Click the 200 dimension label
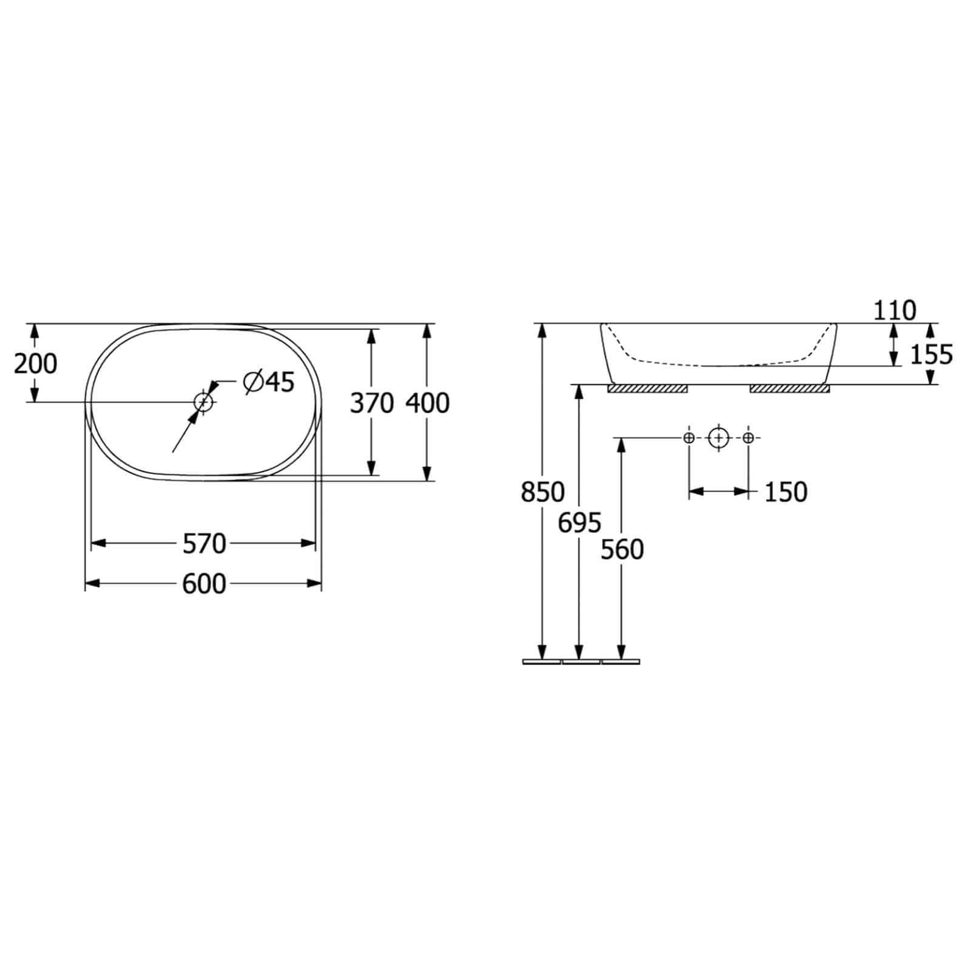(36, 364)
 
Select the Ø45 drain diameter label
(268, 382)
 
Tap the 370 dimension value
(372, 403)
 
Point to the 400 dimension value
(428, 403)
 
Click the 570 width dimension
(205, 544)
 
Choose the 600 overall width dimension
(205, 584)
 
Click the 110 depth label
(895, 311)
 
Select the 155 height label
(932, 354)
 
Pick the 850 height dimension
(543, 492)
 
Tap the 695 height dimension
(580, 523)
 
